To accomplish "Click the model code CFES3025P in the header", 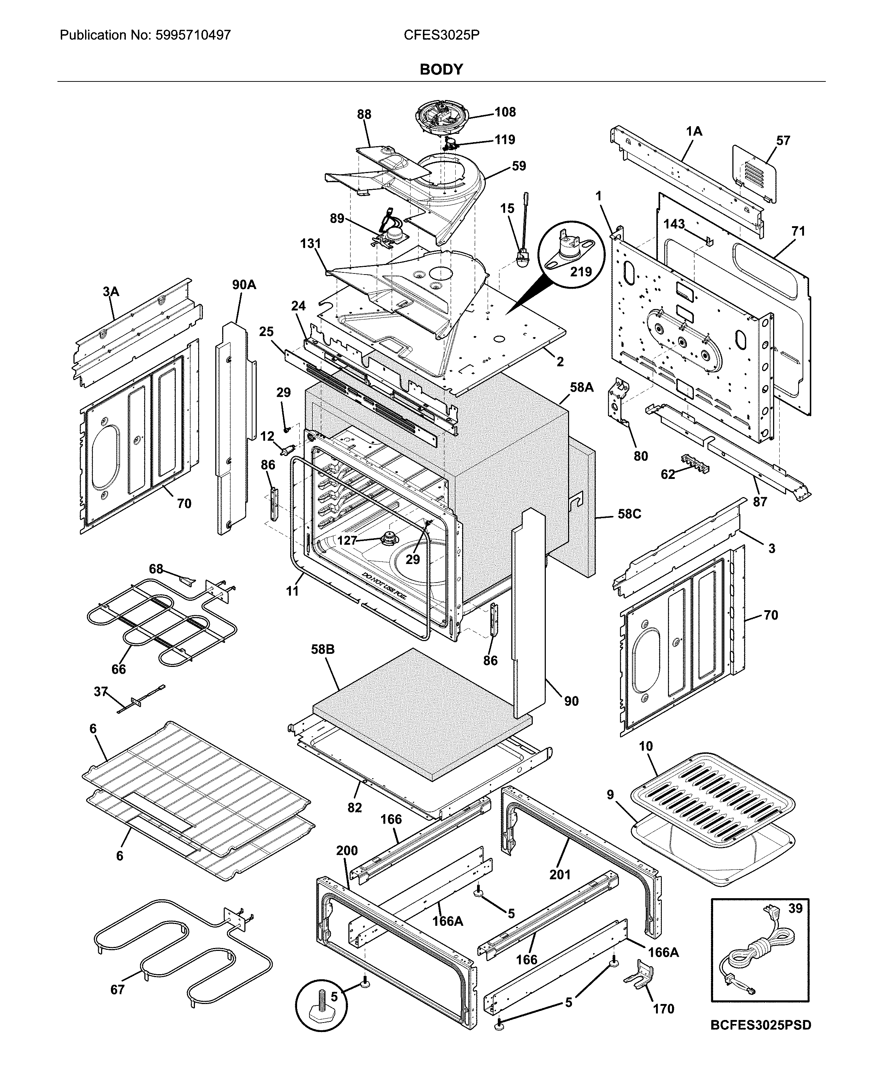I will (x=441, y=35).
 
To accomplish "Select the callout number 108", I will (x=505, y=112).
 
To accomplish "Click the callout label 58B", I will (x=323, y=649).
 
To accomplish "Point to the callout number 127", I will (x=347, y=540).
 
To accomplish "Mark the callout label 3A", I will (x=111, y=291).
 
